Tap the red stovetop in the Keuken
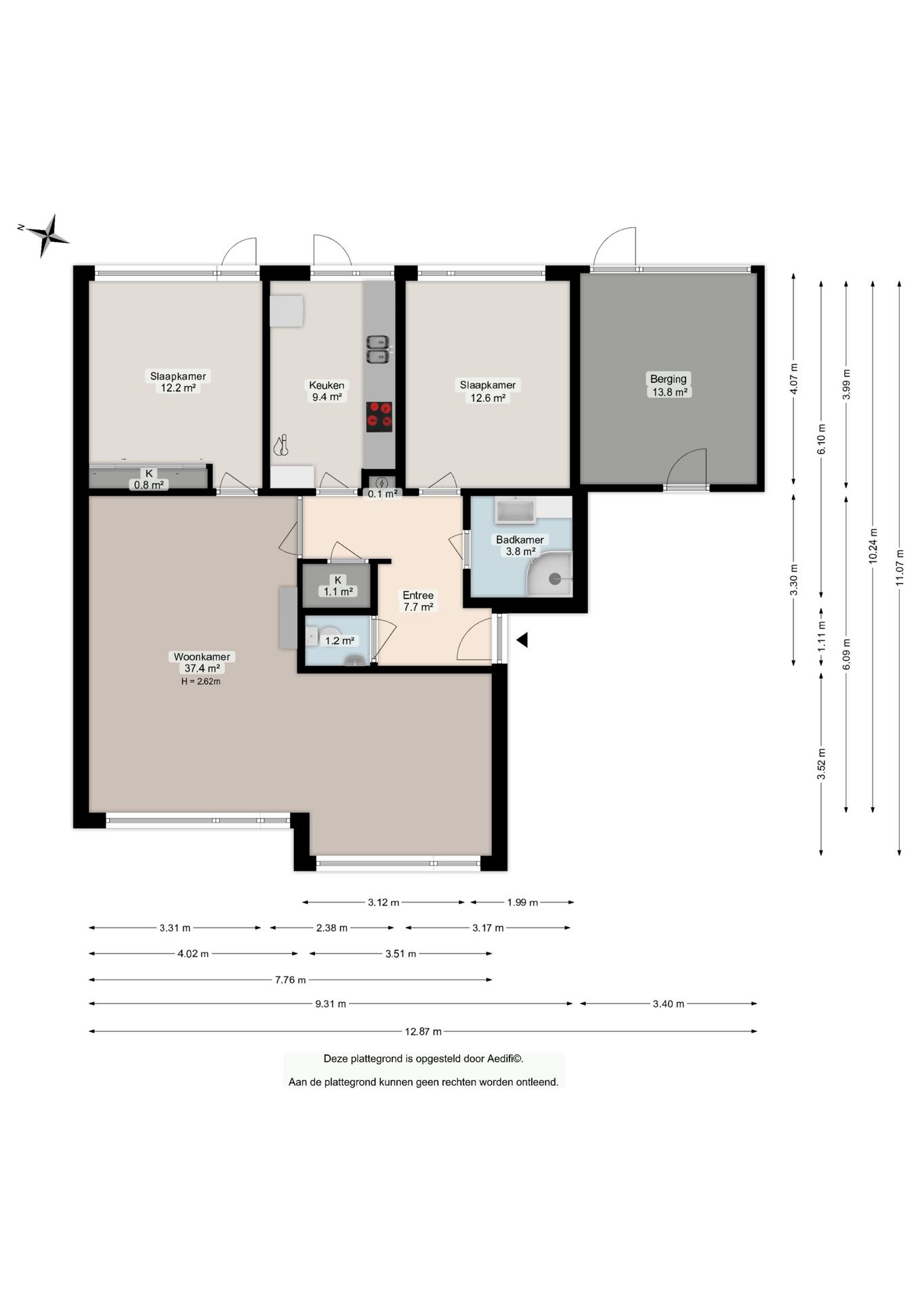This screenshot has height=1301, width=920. pyautogui.click(x=379, y=417)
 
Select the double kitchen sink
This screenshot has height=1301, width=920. pyautogui.click(x=378, y=349)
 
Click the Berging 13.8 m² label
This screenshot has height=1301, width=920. pyautogui.click(x=669, y=386)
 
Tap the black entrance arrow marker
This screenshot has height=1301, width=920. pyautogui.click(x=522, y=640)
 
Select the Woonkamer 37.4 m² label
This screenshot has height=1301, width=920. pyautogui.click(x=202, y=662)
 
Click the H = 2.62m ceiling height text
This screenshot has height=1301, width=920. pyautogui.click(x=201, y=682)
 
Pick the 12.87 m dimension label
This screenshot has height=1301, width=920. pyautogui.click(x=423, y=1031)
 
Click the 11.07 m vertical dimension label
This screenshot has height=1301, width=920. pyautogui.click(x=900, y=566)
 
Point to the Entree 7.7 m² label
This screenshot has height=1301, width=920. pyautogui.click(x=418, y=601)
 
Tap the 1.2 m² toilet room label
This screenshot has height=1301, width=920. pyautogui.click(x=339, y=640)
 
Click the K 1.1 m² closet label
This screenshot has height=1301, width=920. pyautogui.click(x=338, y=585)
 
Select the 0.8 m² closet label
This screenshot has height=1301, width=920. pyautogui.click(x=149, y=484)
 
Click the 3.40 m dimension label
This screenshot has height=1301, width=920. pyautogui.click(x=669, y=1004)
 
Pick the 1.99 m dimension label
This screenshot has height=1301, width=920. pyautogui.click(x=522, y=902)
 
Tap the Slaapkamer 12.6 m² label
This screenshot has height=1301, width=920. pyautogui.click(x=488, y=391)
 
